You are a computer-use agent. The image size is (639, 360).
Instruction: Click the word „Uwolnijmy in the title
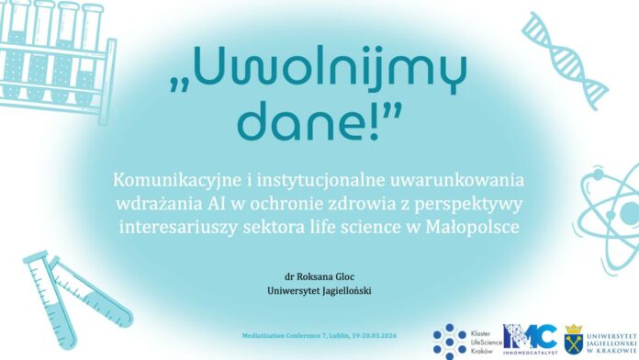point(318,71)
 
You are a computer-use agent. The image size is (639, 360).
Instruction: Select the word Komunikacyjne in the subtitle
point(177,181)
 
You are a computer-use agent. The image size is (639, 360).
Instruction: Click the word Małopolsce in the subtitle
point(472,227)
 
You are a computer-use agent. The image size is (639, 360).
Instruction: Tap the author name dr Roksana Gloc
point(319,276)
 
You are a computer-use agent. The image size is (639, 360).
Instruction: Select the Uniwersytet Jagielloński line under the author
point(319,291)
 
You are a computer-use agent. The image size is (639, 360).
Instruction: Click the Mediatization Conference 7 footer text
point(319,336)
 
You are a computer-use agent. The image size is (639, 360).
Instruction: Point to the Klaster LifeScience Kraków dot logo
point(467,342)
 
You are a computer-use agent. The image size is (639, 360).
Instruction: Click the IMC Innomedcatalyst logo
point(530,339)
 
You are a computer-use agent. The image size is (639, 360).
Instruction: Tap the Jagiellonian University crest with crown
point(574,339)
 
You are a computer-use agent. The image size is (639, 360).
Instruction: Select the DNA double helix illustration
point(565,61)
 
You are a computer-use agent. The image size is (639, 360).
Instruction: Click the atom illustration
point(609,215)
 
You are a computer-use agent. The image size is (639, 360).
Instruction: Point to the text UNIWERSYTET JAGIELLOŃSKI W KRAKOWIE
point(612,343)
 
